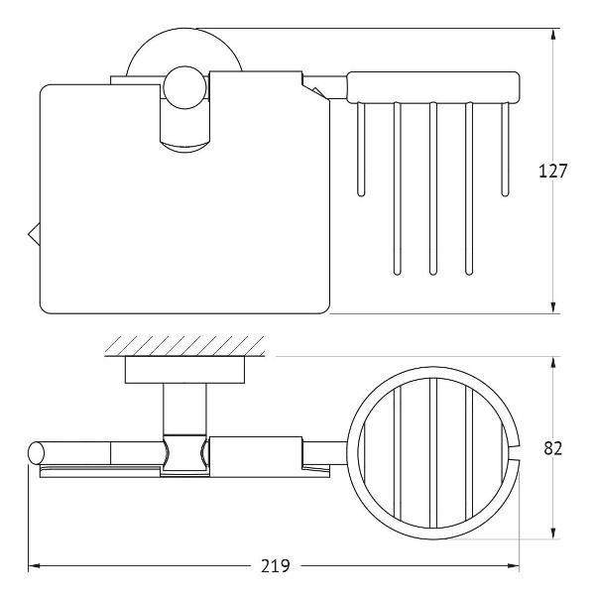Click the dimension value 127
(553, 172)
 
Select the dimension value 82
(553, 448)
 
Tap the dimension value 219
(276, 566)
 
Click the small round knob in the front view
(185, 87)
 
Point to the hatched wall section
(184, 346)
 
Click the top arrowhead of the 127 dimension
(553, 35)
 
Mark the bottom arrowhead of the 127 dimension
(553, 307)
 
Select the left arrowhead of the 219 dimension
(35, 566)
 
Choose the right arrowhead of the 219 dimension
(513, 566)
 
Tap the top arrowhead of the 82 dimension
(553, 363)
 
